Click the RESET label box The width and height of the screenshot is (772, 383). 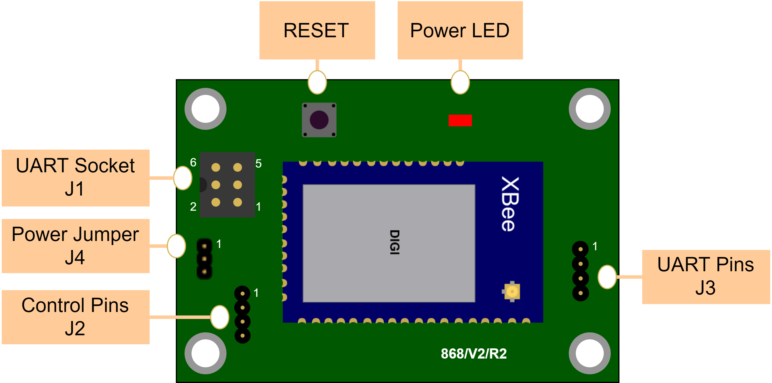[x=317, y=30]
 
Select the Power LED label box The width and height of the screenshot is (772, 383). [x=460, y=30]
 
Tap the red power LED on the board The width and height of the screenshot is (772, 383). [x=460, y=120]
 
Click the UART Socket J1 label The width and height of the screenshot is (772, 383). [x=75, y=178]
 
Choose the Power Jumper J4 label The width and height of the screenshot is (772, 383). [x=75, y=246]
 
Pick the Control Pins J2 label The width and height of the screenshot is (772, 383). [x=75, y=317]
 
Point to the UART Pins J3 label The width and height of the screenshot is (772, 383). [x=706, y=276]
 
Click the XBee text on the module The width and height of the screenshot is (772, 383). [x=509, y=204]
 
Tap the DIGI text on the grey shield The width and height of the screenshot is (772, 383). [x=394, y=242]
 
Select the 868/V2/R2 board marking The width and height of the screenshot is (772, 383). [x=474, y=354]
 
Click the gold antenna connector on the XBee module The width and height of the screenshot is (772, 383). [x=512, y=291]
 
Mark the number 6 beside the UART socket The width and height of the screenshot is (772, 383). [x=193, y=162]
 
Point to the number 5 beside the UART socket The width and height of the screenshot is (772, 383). [x=258, y=164]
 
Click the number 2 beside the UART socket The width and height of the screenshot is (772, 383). [x=193, y=206]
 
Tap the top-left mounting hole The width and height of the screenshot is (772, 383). [x=206, y=109]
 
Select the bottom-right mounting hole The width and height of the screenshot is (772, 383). [x=589, y=353]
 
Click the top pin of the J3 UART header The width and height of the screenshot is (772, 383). [x=580, y=249]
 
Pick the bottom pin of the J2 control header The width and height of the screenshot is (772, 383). [x=242, y=336]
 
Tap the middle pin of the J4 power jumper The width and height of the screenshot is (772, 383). [x=204, y=259]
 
